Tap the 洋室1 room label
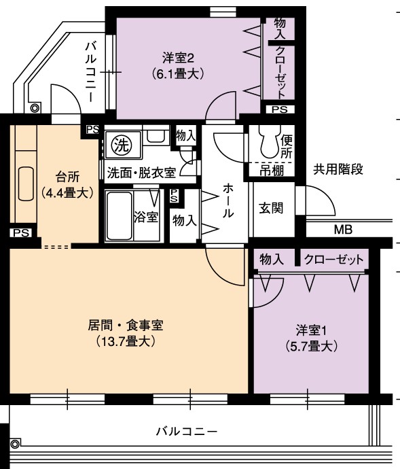(x=312, y=330)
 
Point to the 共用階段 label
(x=338, y=169)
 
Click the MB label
(x=343, y=230)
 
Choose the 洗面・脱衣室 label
(x=141, y=173)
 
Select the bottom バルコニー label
(x=186, y=431)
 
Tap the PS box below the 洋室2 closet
(x=279, y=109)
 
